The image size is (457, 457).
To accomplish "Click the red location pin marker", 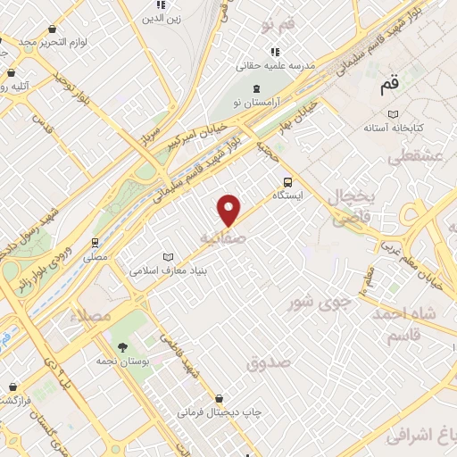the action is (x=229, y=211).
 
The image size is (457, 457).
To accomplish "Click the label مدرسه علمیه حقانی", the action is (x=272, y=65).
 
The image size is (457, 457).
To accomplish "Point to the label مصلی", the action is (x=95, y=257).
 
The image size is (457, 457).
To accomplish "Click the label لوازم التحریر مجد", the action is (x=39, y=42).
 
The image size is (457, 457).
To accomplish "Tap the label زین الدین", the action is (x=162, y=16).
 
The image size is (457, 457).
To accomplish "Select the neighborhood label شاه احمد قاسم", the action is (x=419, y=324).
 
